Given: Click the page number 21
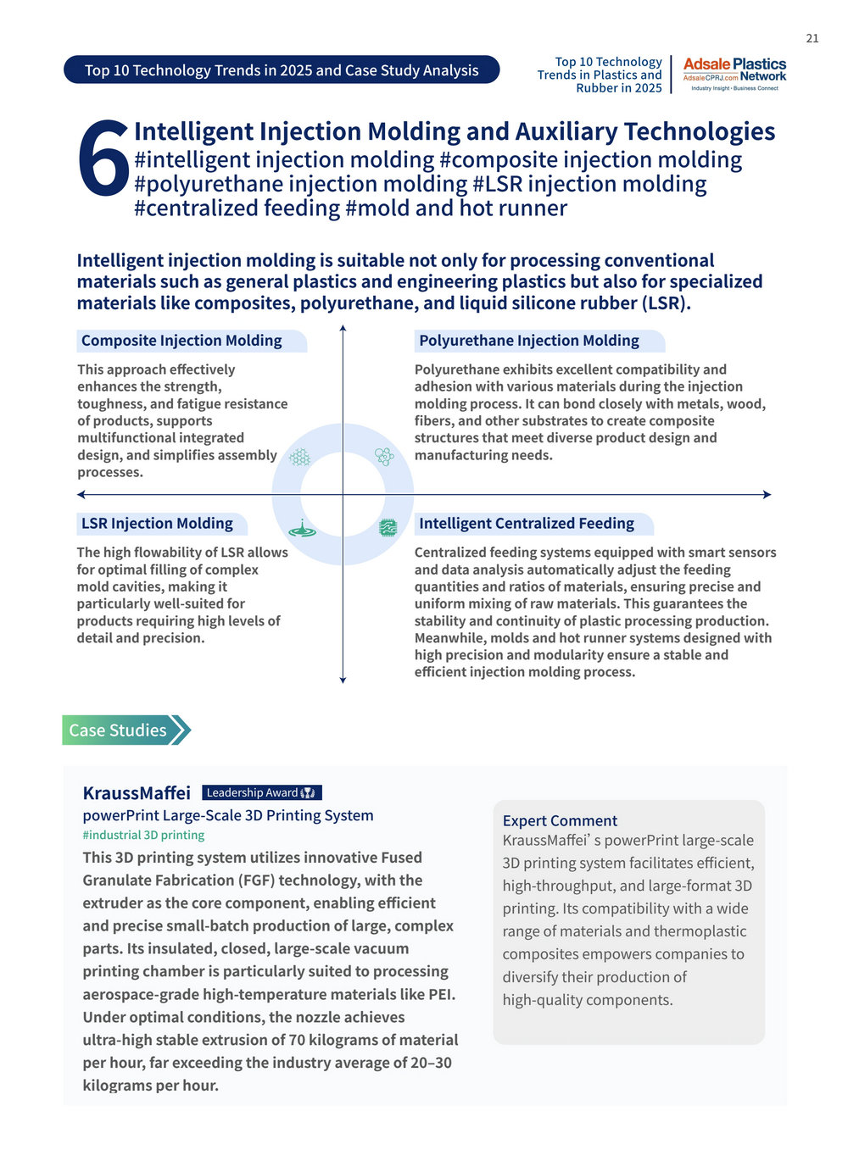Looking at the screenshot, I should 812,38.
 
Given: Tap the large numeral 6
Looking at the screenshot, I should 103,158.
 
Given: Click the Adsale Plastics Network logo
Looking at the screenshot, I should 734,75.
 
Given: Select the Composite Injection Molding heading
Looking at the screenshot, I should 181,341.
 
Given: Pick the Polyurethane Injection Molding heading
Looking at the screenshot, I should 529,341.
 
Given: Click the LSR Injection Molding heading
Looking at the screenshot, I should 157,524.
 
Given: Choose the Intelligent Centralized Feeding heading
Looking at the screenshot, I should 527,524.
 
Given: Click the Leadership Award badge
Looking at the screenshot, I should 261,793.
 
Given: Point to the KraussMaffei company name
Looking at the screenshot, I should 137,793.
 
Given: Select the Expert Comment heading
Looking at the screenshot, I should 560,820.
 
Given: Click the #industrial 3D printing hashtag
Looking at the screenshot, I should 143,836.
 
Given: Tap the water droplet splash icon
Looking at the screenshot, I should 302,529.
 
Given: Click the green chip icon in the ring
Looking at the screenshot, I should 388,528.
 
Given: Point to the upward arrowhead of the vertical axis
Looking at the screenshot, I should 343,327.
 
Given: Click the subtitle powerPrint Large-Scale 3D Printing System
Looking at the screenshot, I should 227,815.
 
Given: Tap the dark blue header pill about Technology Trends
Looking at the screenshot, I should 282,70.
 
